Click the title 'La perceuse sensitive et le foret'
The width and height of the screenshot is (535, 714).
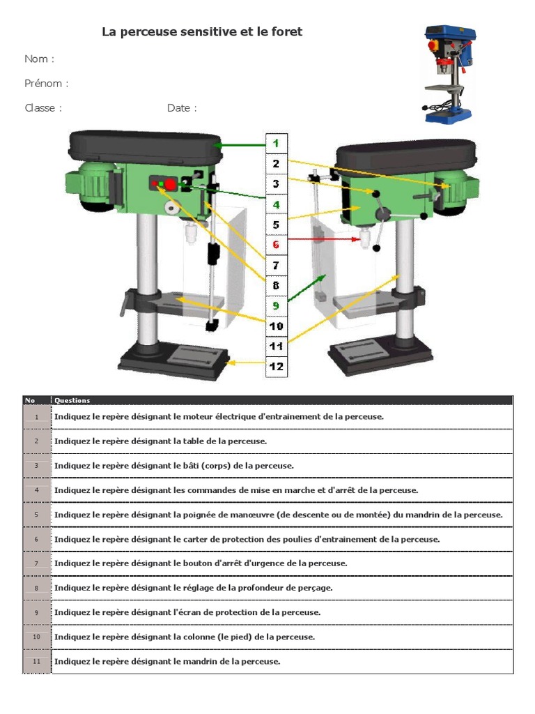pyautogui.click(x=202, y=32)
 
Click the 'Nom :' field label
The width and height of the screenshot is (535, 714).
pyautogui.click(x=39, y=59)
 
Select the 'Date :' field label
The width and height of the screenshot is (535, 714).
pyautogui.click(x=182, y=108)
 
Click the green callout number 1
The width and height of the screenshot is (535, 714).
pyautogui.click(x=276, y=143)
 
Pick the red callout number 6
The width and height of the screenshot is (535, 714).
pyautogui.click(x=276, y=245)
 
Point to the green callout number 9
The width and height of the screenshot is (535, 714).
pyautogui.click(x=276, y=305)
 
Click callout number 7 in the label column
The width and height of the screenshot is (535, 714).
pyautogui.click(x=276, y=265)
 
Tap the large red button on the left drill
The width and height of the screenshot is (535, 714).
pyautogui.click(x=171, y=184)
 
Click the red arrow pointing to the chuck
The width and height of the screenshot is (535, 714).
pyautogui.click(x=320, y=239)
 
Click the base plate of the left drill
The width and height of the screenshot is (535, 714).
pyautogui.click(x=174, y=358)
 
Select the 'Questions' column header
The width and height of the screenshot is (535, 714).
pyautogui.click(x=72, y=400)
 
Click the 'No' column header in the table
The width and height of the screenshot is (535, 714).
pyautogui.click(x=30, y=400)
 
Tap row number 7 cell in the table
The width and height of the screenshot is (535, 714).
pyautogui.click(x=36, y=563)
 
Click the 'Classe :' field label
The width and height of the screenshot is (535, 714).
pyautogui.click(x=43, y=108)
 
